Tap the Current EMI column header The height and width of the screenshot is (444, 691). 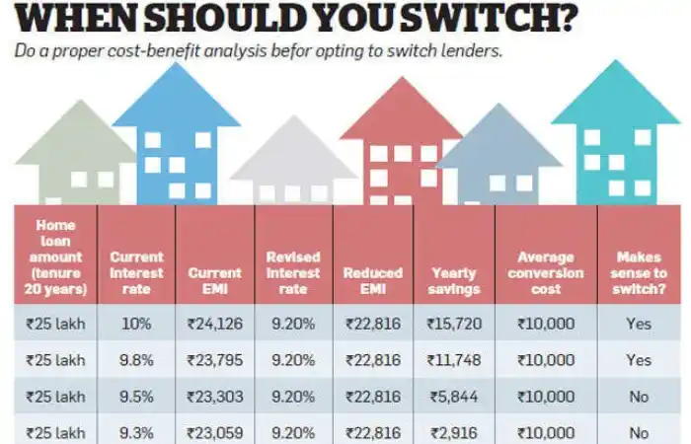tap(214, 264)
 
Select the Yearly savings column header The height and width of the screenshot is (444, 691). tap(454, 280)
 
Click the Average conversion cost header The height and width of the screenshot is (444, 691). tap(545, 272)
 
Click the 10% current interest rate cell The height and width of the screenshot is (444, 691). tap(136, 323)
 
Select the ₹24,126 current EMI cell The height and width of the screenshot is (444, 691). tap(214, 323)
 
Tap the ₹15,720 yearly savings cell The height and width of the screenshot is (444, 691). tap(454, 323)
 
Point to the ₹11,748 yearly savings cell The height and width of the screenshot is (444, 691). tap(454, 360)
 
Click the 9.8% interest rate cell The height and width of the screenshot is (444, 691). tap(136, 360)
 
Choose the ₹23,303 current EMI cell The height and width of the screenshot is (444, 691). tap(214, 397)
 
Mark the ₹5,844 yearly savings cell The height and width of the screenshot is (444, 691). tap(454, 397)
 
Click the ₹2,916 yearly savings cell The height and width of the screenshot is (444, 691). tap(454, 432)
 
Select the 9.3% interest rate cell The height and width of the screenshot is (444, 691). tap(136, 432)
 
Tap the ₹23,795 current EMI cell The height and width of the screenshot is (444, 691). tap(214, 360)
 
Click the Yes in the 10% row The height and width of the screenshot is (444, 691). tap(639, 323)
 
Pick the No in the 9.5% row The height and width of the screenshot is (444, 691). tap(639, 397)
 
